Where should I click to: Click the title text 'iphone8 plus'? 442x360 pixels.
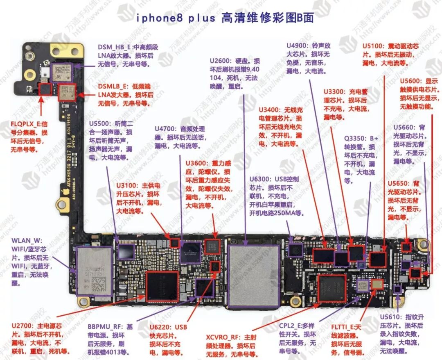coord(176,18)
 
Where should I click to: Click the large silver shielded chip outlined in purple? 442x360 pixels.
coord(254,276)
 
